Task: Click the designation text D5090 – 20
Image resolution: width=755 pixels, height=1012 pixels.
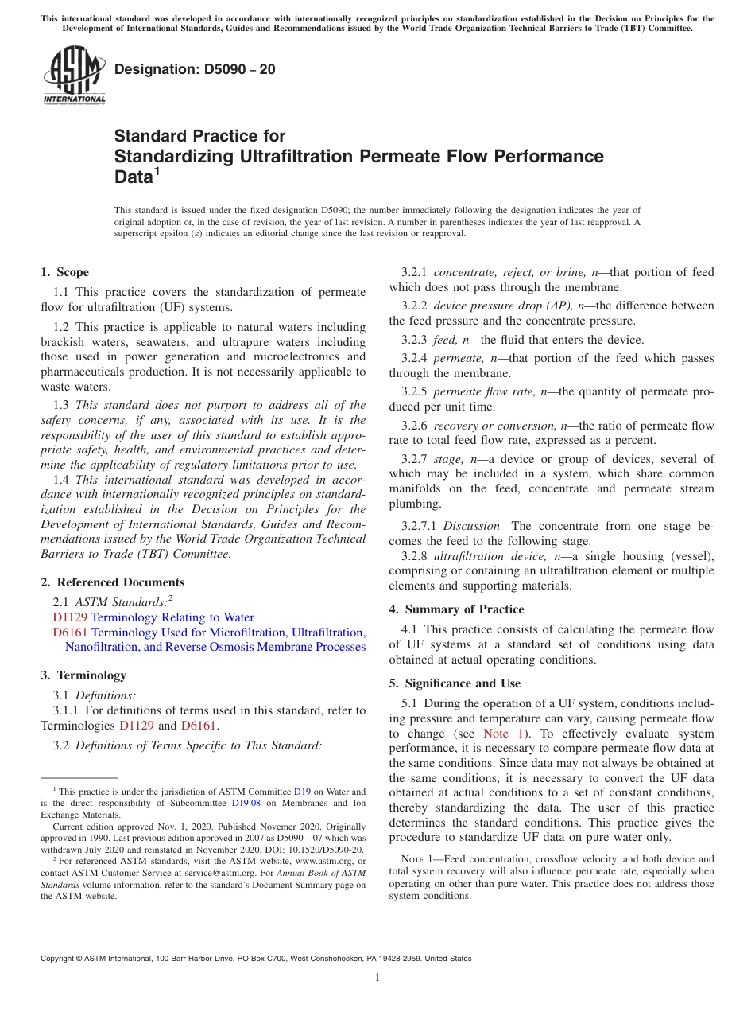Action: pos(195,69)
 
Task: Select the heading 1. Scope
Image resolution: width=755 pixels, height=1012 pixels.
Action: pos(65,272)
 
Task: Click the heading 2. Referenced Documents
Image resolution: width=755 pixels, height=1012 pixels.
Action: pos(113,582)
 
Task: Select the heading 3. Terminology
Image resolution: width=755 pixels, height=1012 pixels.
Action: pos(83,675)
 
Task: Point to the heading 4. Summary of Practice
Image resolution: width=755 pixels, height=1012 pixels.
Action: pos(456,609)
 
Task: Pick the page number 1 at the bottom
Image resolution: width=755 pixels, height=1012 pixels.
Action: pos(377,978)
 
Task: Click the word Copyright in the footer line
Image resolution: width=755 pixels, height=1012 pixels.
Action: pos(60,959)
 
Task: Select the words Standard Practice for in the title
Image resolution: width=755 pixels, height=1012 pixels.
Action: pos(199,136)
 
